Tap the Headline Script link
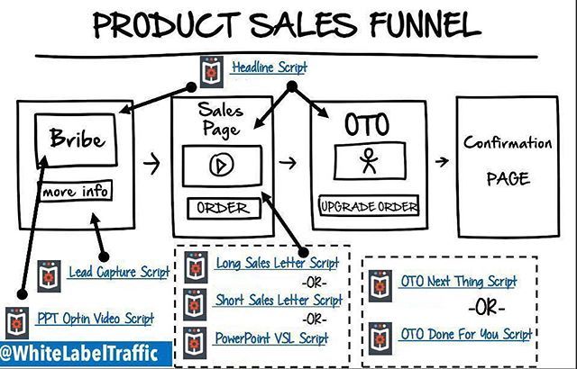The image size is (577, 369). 269,67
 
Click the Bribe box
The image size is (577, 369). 76,140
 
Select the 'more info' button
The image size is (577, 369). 76,192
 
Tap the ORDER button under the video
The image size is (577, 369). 222,208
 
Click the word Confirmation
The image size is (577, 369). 508,143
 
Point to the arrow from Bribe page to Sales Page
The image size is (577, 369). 153,165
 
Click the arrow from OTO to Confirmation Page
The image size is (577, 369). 442,163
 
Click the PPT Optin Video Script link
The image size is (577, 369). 94,318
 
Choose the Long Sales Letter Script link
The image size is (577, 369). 277,264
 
